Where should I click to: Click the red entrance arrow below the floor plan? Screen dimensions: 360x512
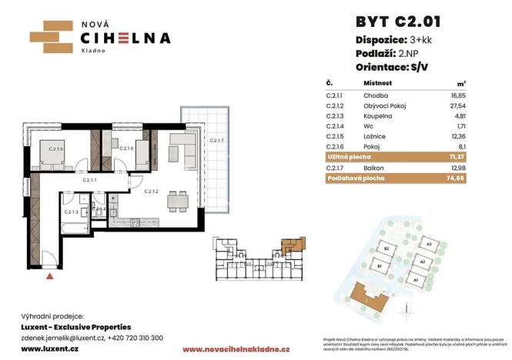(x=51, y=274)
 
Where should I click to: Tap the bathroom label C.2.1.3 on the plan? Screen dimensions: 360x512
(x=71, y=212)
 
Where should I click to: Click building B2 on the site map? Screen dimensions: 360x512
(x=389, y=250)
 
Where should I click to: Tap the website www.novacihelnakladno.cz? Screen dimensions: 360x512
(x=236, y=349)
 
